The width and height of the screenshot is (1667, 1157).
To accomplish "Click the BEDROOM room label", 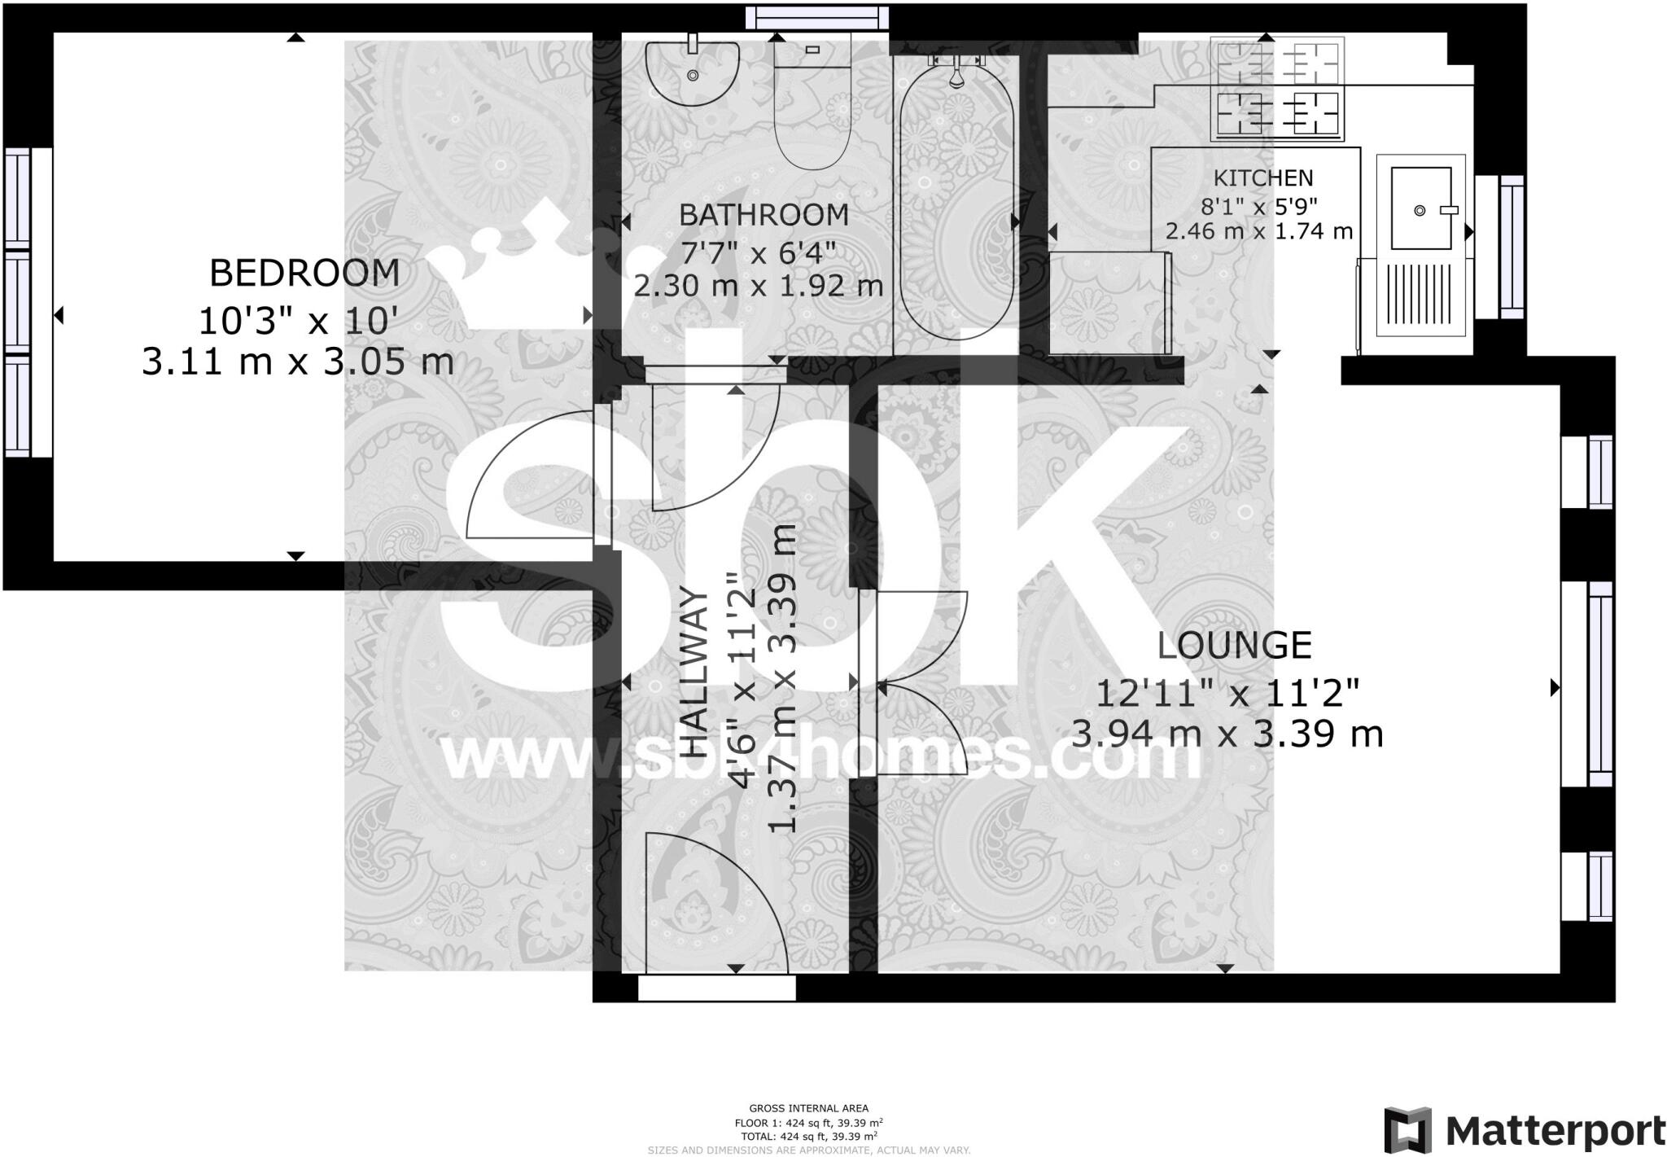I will [304, 274].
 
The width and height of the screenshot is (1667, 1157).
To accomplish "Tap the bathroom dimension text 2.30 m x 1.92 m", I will [759, 287].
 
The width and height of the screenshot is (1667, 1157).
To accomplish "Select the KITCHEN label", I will [1263, 178].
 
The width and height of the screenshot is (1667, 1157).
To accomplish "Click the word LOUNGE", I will [1234, 646].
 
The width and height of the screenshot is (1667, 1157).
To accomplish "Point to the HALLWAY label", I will [693, 676].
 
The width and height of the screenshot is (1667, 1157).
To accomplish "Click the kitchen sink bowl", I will [1420, 208].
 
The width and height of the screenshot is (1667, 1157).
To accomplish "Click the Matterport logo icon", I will [1407, 1129].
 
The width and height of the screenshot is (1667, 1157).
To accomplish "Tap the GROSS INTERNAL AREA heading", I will [808, 1108].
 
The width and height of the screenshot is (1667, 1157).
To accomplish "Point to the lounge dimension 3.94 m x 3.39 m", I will [1227, 734].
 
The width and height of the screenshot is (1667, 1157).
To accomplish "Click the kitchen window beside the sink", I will [1512, 247].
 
